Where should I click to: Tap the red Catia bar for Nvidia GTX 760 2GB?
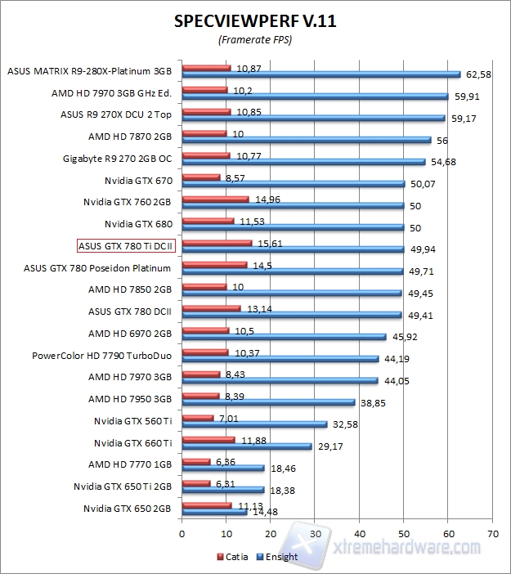(215, 199)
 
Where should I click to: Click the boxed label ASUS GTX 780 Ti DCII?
(128, 245)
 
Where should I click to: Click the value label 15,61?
(270, 243)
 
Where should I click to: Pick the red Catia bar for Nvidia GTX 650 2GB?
(207, 504)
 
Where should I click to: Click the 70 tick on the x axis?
(491, 531)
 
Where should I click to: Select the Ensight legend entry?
(279, 557)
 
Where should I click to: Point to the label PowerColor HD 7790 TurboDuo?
(101, 356)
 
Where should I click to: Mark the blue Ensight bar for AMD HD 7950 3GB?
(268, 402)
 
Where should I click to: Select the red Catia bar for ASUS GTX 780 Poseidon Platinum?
(214, 265)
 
